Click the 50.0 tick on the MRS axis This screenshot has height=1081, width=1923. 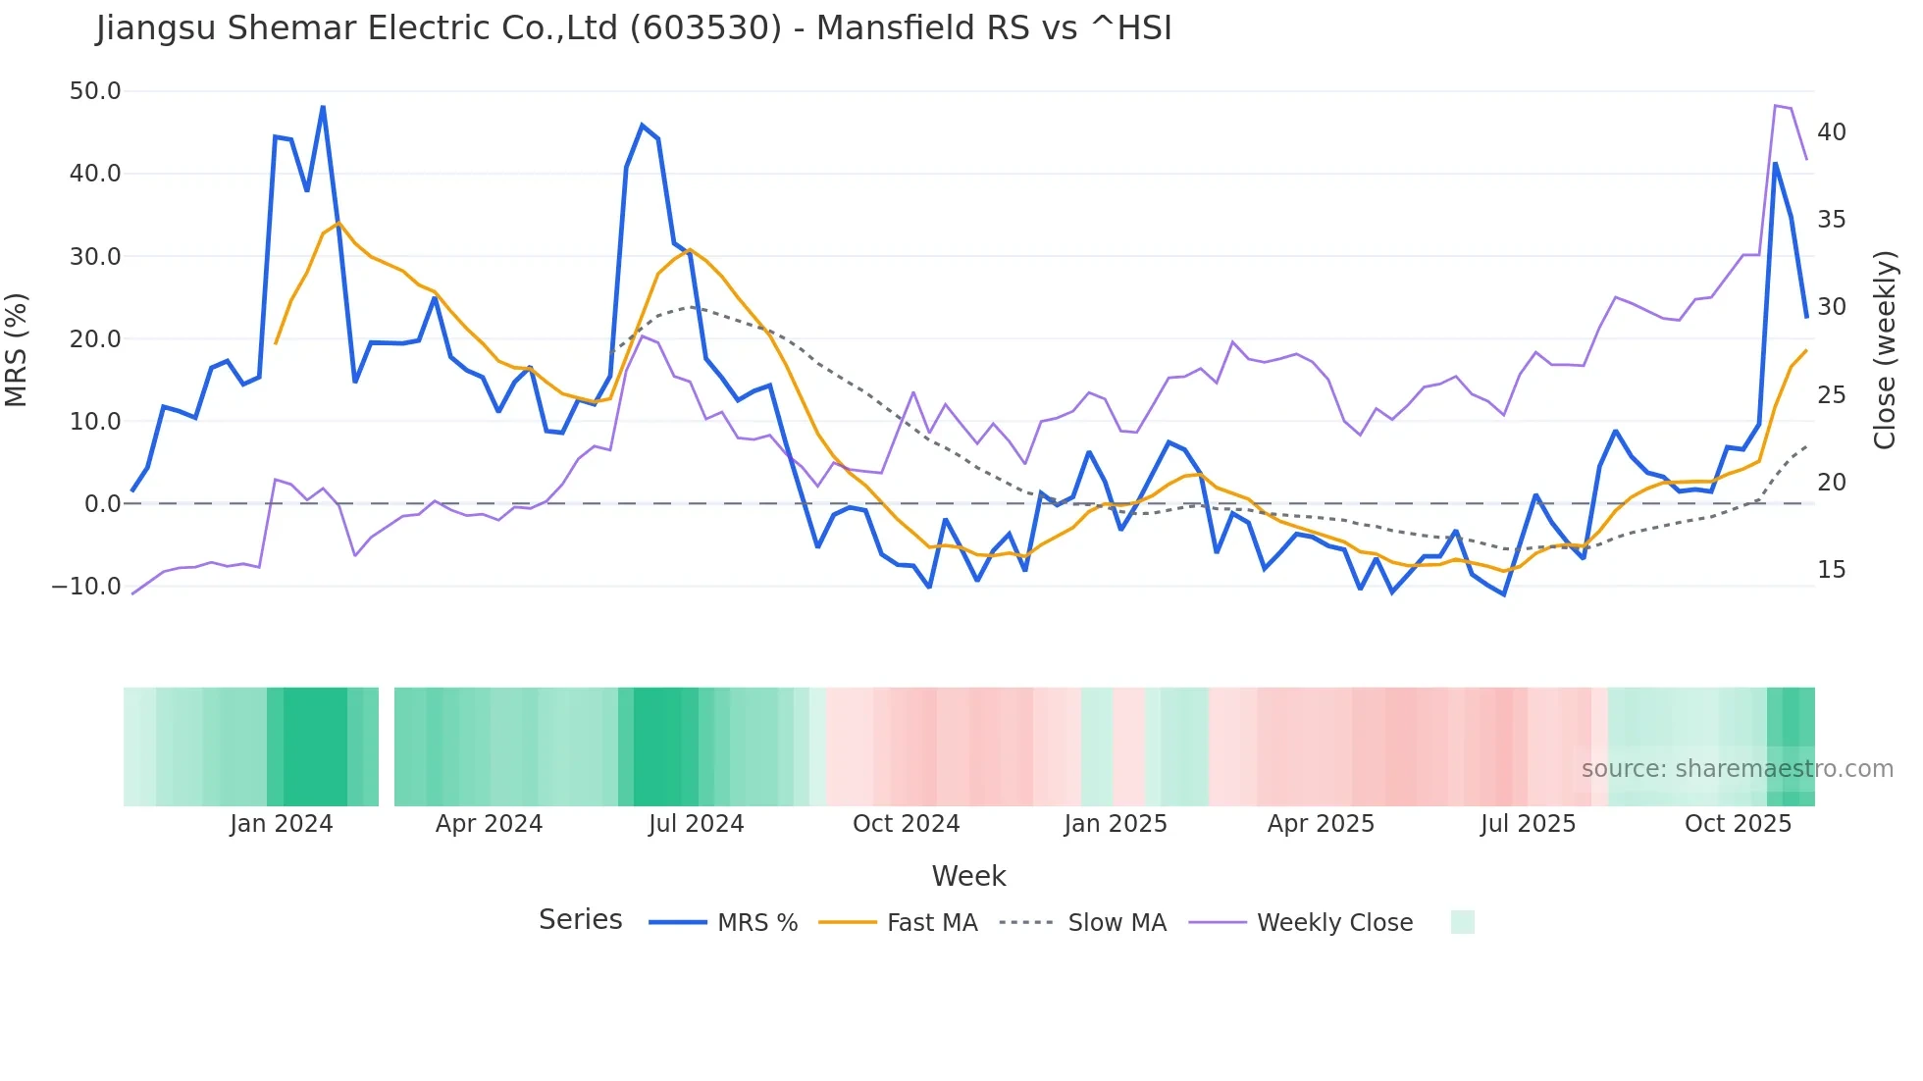coord(94,91)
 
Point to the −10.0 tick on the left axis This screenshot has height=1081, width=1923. coord(86,587)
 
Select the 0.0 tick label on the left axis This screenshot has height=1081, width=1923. coord(102,504)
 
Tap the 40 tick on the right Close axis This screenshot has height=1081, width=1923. coord(1831,132)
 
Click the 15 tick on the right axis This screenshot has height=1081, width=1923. coord(1831,570)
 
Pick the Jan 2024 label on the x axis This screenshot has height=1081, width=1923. coord(282,824)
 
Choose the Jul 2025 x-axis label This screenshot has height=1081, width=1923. coord(1528,824)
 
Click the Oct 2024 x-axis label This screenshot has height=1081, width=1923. coord(906,824)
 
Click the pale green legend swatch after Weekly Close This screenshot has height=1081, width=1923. coord(1462,922)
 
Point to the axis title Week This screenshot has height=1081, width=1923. coord(968,876)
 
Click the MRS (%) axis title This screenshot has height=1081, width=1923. coord(17,350)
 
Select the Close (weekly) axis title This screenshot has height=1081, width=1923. coord(1884,350)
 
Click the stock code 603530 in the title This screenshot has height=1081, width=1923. coord(705,28)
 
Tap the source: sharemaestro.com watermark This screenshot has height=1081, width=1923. coord(1737,769)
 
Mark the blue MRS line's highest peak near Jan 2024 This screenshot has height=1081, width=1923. coord(323,107)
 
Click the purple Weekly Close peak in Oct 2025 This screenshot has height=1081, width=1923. coord(1776,106)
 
